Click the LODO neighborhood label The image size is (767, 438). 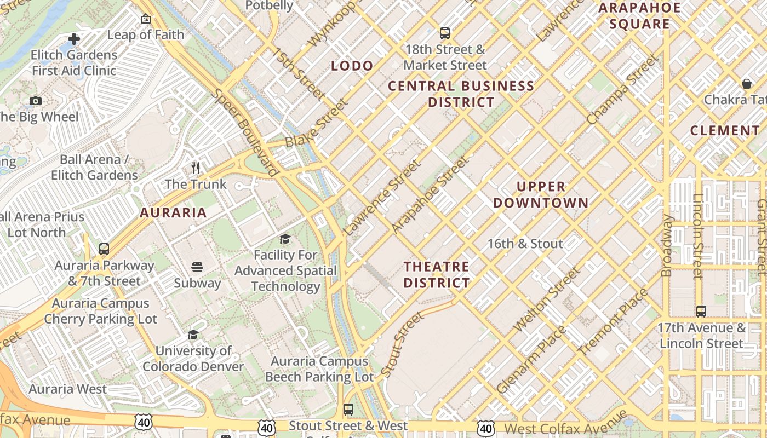pyautogui.click(x=352, y=66)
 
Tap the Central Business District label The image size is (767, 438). pyautogui.click(x=461, y=94)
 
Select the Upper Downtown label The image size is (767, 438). pyautogui.click(x=541, y=195)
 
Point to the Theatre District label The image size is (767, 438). pyautogui.click(x=437, y=275)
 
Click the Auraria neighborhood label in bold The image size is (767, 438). pyautogui.click(x=173, y=213)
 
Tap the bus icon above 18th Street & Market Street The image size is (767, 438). pyautogui.click(x=445, y=33)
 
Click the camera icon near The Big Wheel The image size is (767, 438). pyautogui.click(x=36, y=101)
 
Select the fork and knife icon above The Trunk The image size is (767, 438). pyautogui.click(x=196, y=168)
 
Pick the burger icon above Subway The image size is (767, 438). pyautogui.click(x=197, y=267)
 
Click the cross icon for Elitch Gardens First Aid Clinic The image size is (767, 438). pyautogui.click(x=74, y=39)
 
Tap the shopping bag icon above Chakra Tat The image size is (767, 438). pyautogui.click(x=746, y=84)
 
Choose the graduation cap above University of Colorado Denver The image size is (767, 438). pyautogui.click(x=193, y=335)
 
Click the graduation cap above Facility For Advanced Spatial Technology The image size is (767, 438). pyautogui.click(x=285, y=239)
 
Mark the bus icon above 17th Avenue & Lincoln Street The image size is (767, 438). pyautogui.click(x=701, y=312)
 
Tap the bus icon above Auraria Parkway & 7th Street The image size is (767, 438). pyautogui.click(x=104, y=249)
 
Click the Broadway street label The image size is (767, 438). pyautogui.click(x=667, y=245)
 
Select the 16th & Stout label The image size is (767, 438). pyautogui.click(x=525, y=244)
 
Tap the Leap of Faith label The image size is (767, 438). pyautogui.click(x=146, y=34)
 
